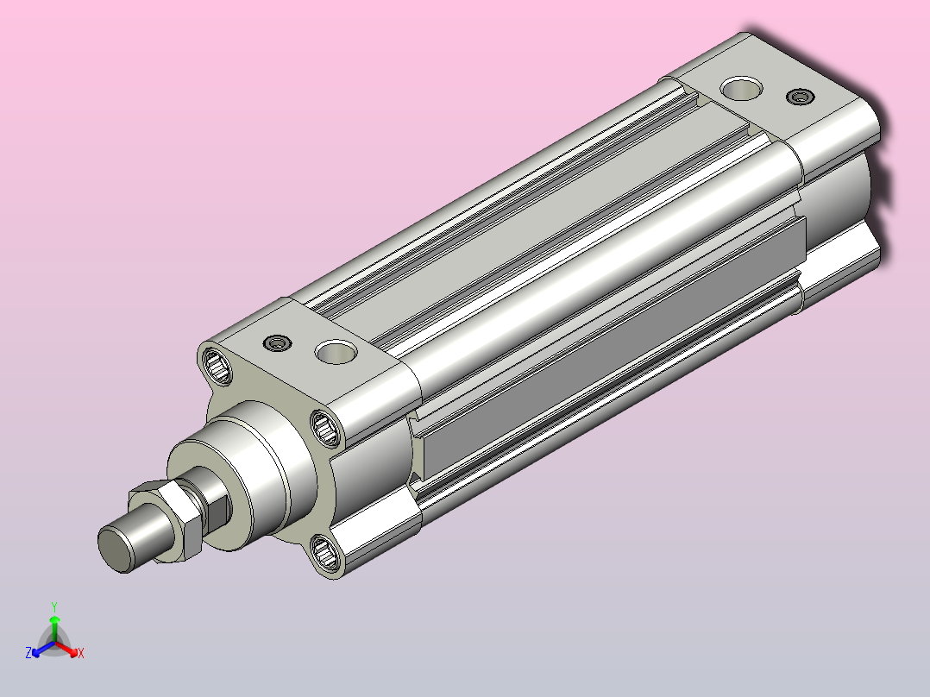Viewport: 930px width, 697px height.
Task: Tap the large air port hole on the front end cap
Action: pyautogui.click(x=336, y=352)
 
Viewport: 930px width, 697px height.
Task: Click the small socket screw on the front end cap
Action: pyautogui.click(x=278, y=342)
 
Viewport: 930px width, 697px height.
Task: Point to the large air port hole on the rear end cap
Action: pyautogui.click(x=741, y=88)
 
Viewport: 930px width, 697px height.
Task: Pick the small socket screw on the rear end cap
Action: pyautogui.click(x=800, y=96)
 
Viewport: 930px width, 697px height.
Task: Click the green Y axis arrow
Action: pyautogui.click(x=54, y=629)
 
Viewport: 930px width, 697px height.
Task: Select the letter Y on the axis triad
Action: pyautogui.click(x=54, y=606)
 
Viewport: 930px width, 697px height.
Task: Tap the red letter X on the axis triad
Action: pyautogui.click(x=81, y=653)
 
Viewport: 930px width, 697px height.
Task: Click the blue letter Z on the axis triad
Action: pyautogui.click(x=28, y=653)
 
